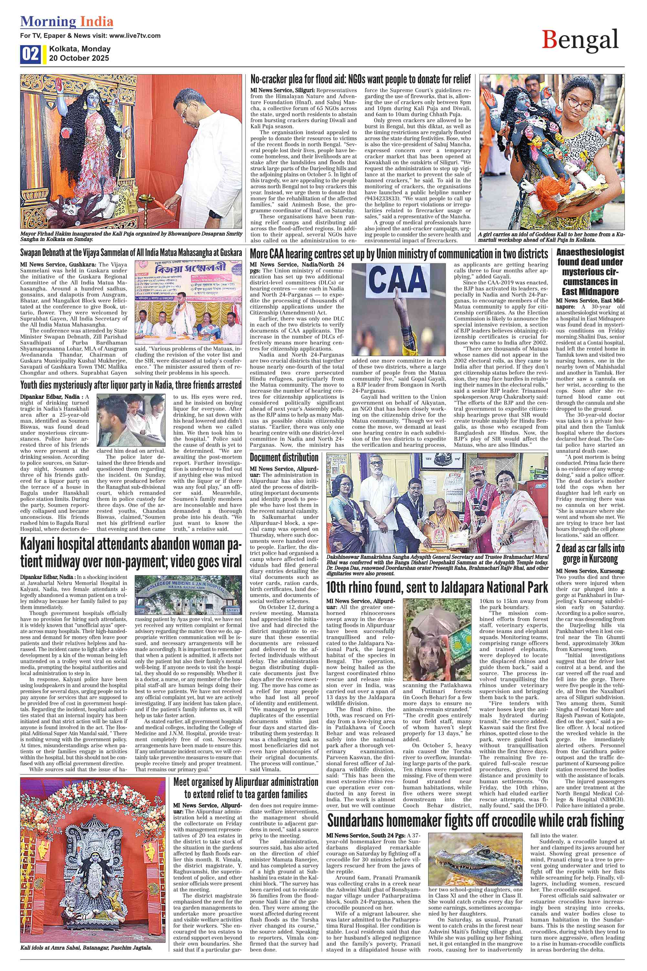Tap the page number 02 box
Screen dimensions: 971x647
coord(30,54)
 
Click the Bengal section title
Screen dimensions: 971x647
coord(580,40)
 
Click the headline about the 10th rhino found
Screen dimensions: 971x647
coord(437,587)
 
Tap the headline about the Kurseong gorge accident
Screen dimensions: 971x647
coord(590,554)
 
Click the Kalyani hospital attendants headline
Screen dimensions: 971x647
coord(131,553)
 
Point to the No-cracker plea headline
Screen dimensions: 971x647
coord(360,79)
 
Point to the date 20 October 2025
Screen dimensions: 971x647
coord(79,58)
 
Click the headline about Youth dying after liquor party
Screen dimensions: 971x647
coord(131,385)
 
